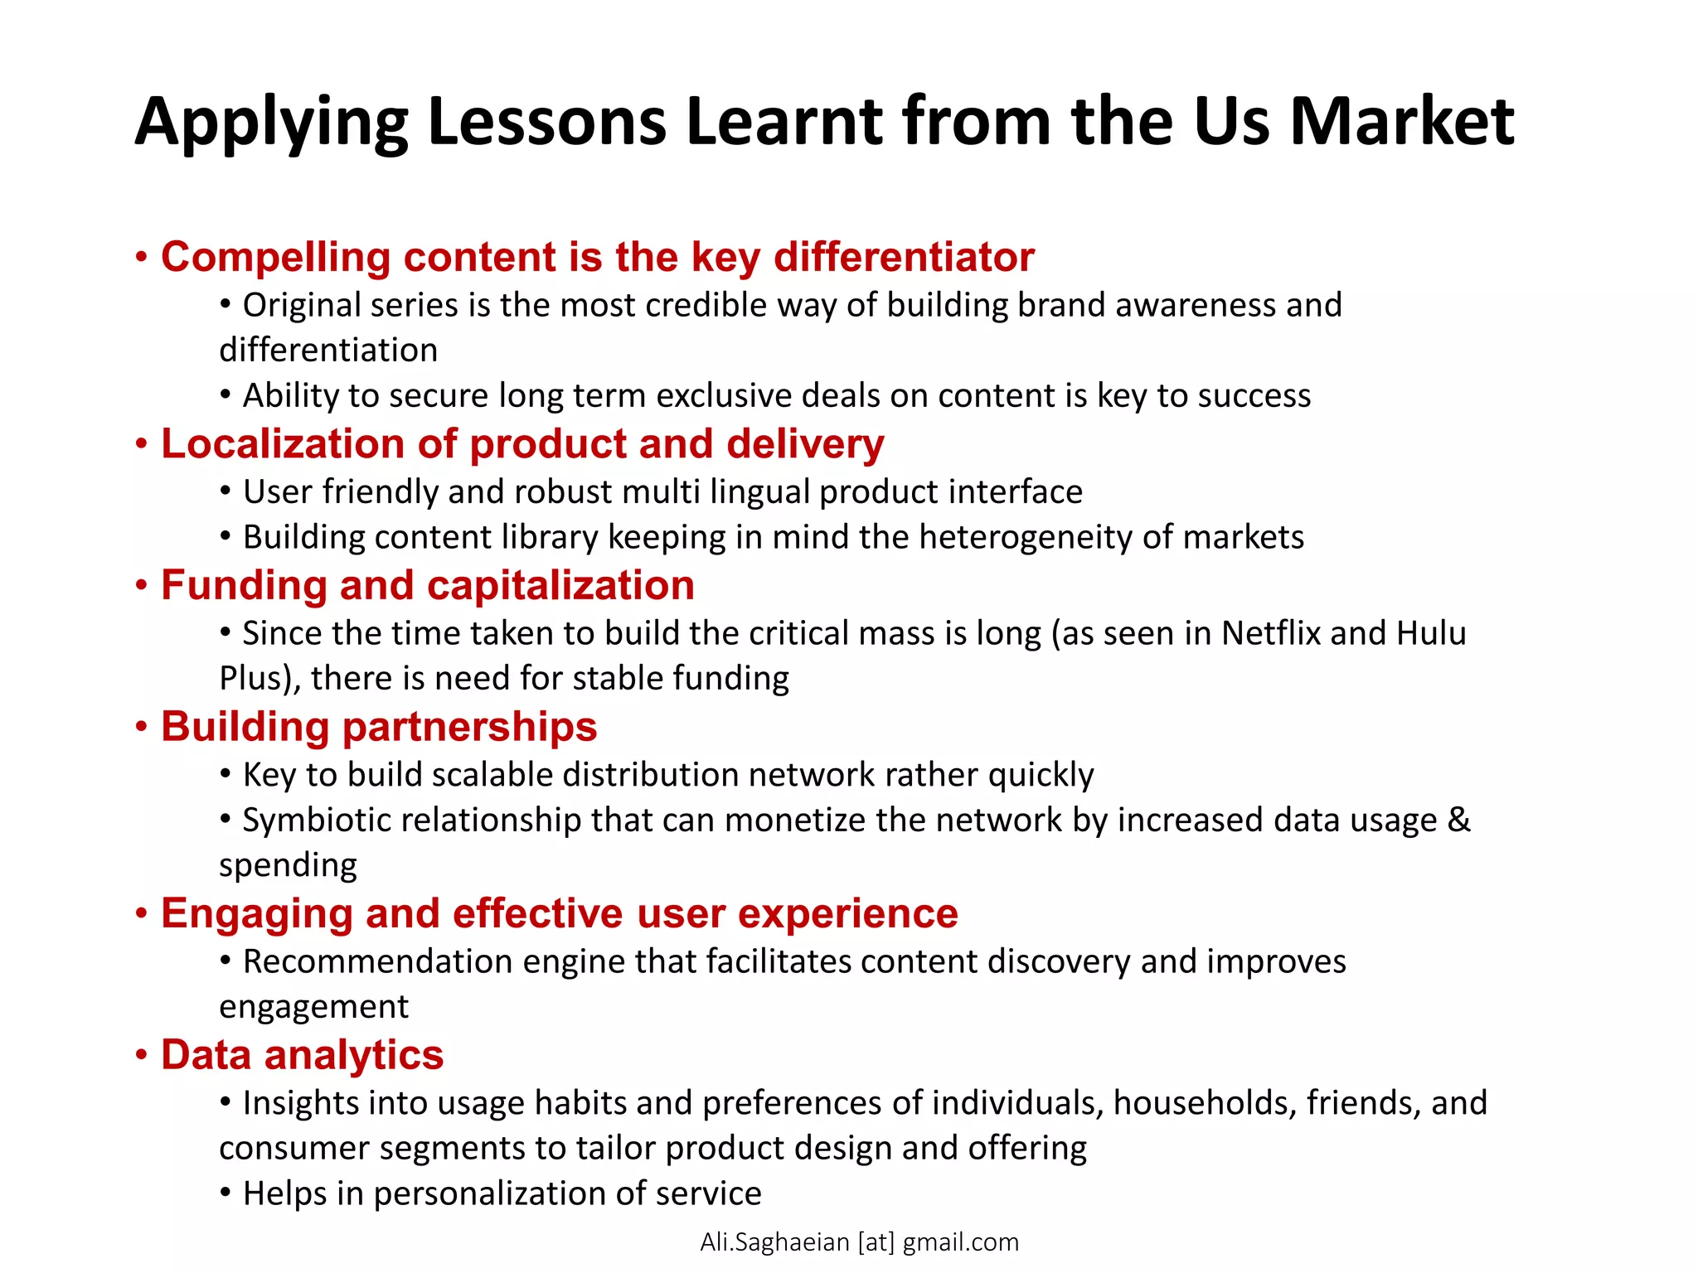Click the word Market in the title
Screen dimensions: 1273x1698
click(1402, 122)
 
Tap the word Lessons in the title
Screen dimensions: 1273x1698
click(547, 122)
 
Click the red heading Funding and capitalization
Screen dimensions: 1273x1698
click(428, 585)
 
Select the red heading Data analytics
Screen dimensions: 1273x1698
click(302, 1055)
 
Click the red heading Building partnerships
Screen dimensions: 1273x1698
click(379, 727)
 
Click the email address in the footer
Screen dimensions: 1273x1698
click(859, 1242)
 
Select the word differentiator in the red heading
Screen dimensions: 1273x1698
click(904, 257)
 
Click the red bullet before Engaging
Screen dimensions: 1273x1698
click(142, 914)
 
